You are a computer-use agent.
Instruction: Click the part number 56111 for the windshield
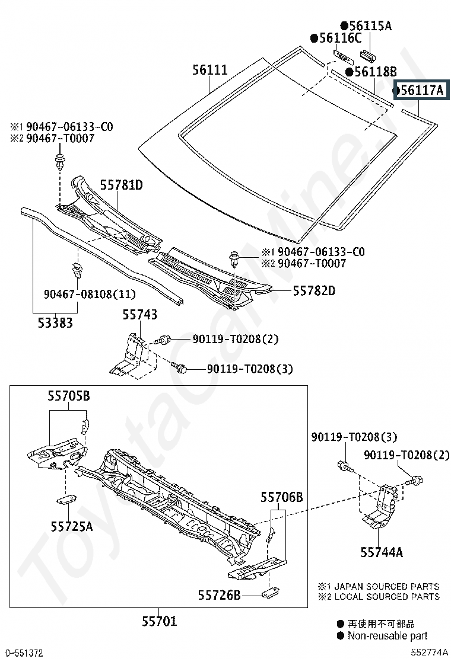(209, 70)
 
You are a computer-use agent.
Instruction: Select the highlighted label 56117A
(421, 89)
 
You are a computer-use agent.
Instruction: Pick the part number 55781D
(121, 184)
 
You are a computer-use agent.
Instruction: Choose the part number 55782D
(314, 290)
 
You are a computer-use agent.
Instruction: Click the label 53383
(55, 323)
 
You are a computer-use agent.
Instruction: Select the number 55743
(139, 314)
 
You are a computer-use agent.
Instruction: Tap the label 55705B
(69, 395)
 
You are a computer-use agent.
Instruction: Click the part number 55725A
(72, 526)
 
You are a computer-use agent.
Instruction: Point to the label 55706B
(281, 497)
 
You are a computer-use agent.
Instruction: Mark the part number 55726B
(219, 594)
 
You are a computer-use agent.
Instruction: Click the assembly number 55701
(159, 620)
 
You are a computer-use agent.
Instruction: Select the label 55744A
(382, 552)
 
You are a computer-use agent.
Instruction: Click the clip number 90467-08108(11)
(90, 294)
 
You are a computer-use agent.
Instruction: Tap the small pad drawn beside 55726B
(269, 593)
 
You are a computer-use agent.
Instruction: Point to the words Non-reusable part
(387, 636)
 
